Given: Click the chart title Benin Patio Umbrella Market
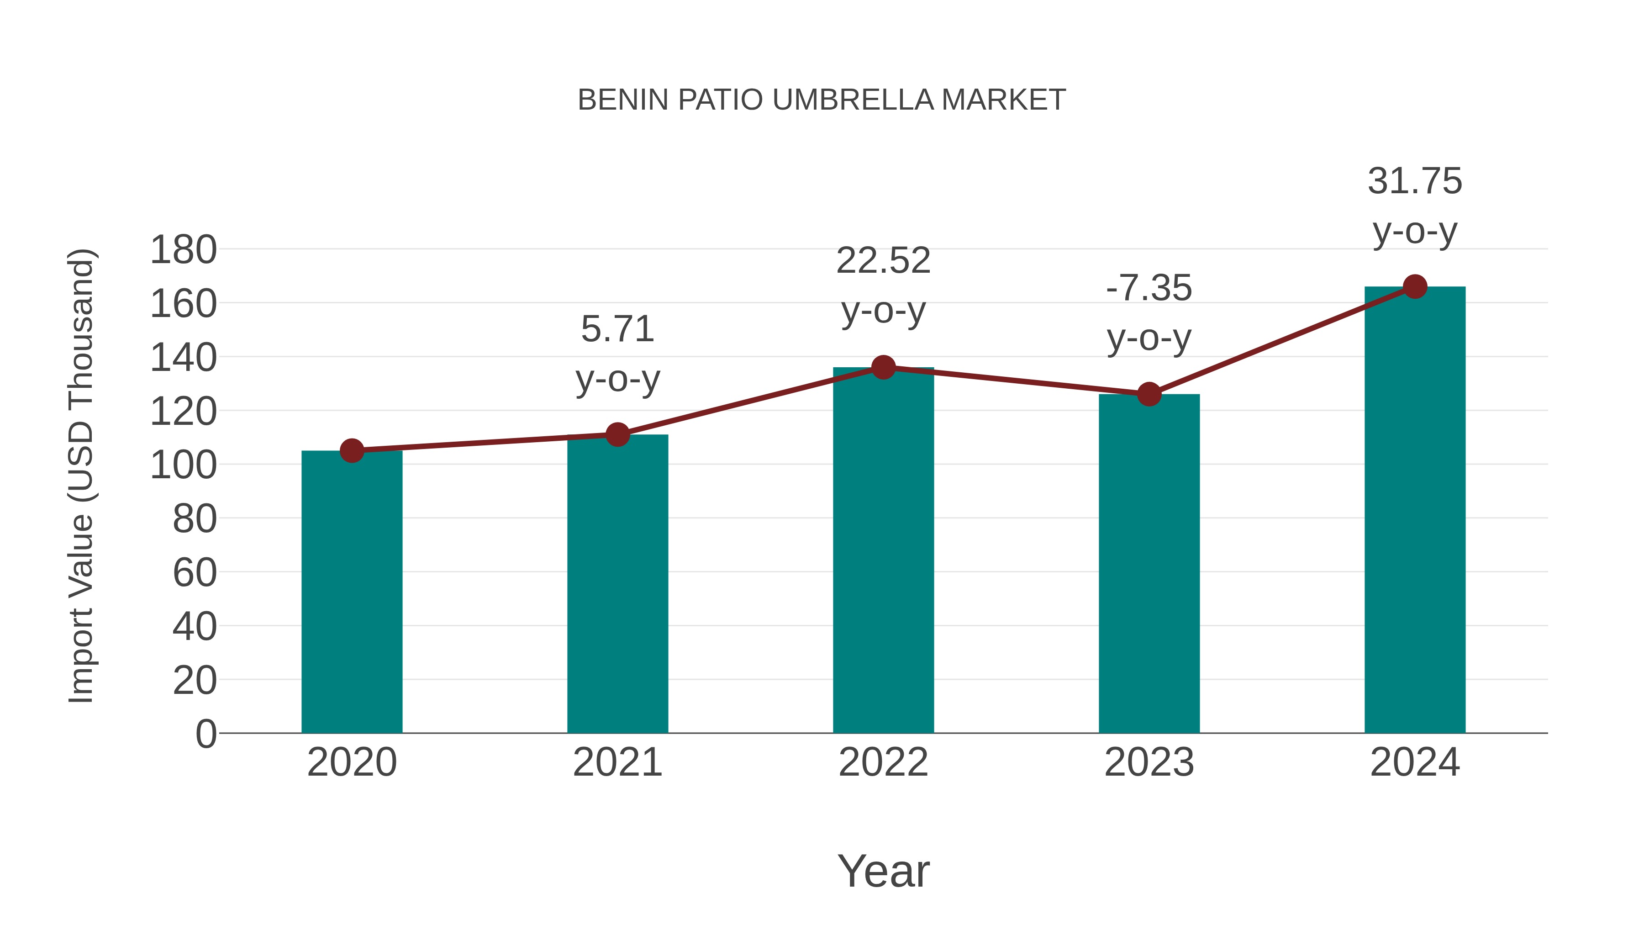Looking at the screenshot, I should [x=822, y=100].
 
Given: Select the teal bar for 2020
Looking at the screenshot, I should [x=352, y=594].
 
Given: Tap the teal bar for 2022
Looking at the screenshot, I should [x=883, y=552].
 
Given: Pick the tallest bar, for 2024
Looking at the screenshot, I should [x=1415, y=511].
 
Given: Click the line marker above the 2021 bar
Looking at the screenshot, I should [x=617, y=435].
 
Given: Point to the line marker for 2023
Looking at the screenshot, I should [x=1149, y=395].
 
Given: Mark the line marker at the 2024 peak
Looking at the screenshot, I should [x=1415, y=286].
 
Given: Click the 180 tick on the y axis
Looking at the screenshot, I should [x=183, y=249].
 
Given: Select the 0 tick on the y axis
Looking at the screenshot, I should [x=205, y=734].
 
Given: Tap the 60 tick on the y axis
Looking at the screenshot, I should [x=195, y=573].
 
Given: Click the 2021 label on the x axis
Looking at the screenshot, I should [x=617, y=762].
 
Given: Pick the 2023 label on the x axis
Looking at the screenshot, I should [x=1149, y=762].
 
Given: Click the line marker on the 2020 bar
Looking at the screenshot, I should [x=352, y=451].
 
